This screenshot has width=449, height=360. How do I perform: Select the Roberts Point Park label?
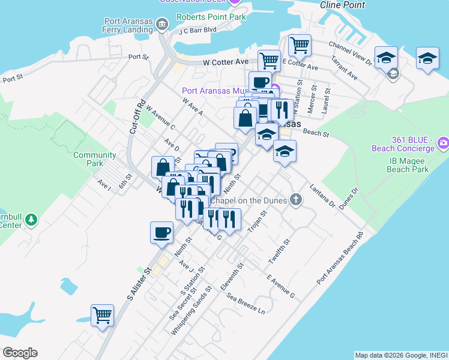click(211, 17)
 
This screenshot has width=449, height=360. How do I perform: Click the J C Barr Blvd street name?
click(197, 29)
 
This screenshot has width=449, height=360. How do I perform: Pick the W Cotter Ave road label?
click(226, 62)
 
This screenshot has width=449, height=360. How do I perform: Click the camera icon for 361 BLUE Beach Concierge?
click(443, 143)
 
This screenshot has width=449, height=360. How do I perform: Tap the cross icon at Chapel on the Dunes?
click(295, 200)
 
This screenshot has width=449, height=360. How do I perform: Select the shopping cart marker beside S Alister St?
click(102, 315)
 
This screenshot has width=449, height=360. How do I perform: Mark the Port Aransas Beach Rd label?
click(340, 259)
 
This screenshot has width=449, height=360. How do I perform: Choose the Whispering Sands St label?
click(191, 311)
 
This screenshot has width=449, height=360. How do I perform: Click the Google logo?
click(20, 353)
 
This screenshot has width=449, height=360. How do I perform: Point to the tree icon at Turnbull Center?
click(32, 220)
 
